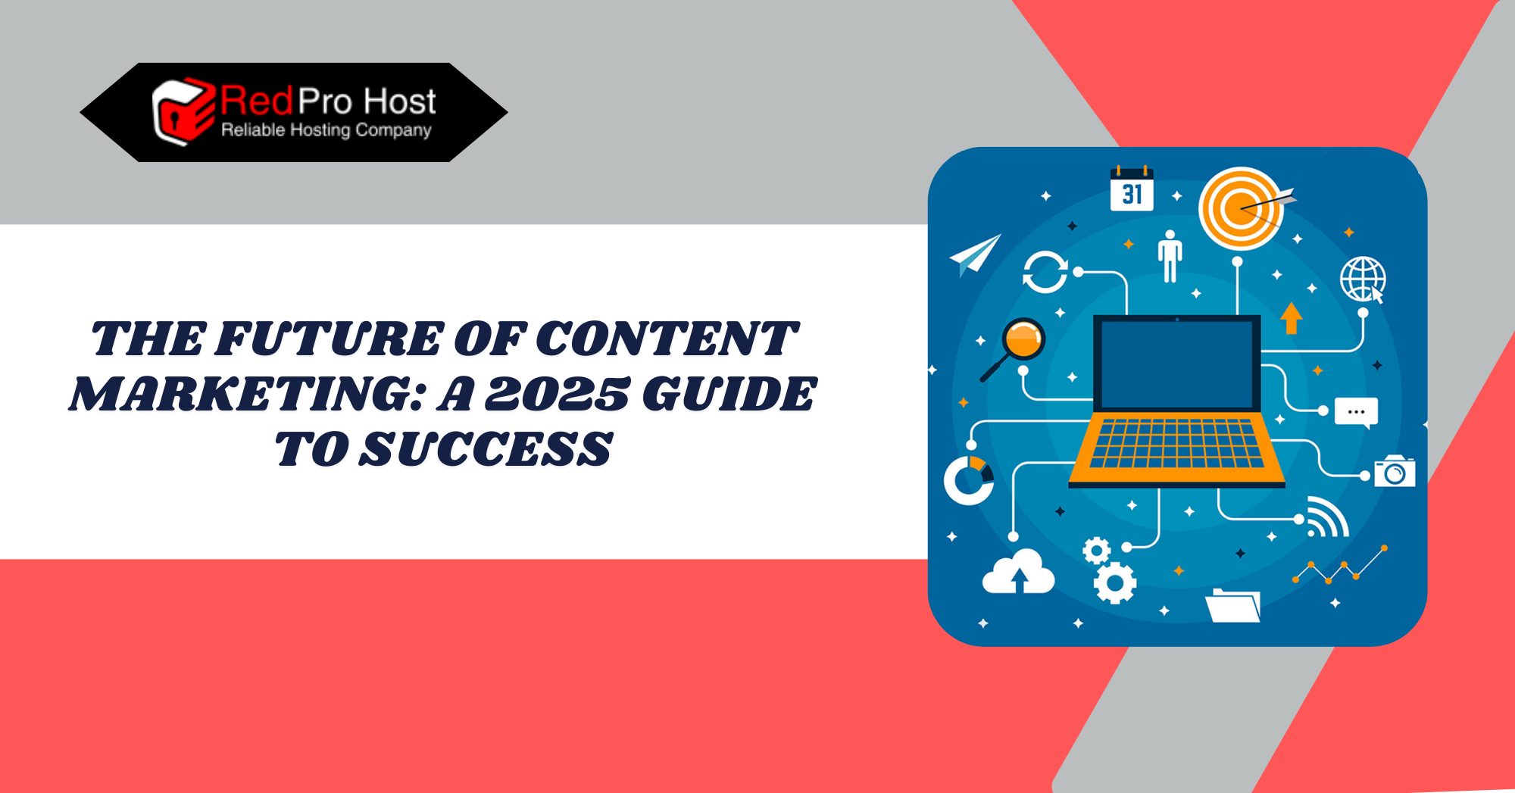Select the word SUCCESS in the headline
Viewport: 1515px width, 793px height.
click(485, 449)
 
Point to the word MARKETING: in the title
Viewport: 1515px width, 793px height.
click(248, 394)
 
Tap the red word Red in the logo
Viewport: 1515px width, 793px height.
click(257, 101)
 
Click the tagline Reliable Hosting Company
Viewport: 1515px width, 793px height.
click(326, 130)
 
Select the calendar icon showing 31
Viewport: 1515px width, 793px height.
click(1132, 189)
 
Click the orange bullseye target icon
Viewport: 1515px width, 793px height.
click(1242, 208)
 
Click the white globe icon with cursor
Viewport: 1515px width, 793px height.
click(1363, 279)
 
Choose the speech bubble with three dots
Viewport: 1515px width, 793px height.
click(1356, 413)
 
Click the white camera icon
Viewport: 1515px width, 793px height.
click(1395, 471)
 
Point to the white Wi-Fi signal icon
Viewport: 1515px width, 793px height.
click(1328, 517)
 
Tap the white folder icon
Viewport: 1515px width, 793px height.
click(1232, 605)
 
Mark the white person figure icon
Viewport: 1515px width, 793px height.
click(1170, 257)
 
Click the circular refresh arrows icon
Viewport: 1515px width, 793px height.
click(1045, 272)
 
